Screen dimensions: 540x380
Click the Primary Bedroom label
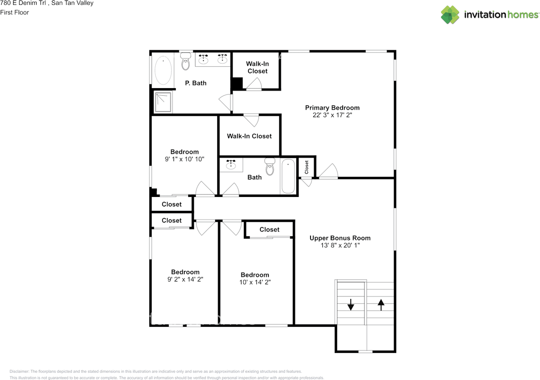332,108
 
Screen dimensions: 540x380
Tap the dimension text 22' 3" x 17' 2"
332,115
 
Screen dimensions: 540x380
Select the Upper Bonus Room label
340,238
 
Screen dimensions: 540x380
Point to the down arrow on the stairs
351,305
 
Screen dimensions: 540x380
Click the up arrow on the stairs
381,305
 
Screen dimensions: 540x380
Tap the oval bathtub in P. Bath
163,70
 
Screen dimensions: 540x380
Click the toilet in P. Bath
185,61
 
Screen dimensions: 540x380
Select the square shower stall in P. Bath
163,102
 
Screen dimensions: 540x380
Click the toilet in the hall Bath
270,166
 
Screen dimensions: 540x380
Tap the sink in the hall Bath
231,164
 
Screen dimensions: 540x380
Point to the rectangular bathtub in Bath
288,176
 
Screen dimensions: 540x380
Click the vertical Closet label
306,167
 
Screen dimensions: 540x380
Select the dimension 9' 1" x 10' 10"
184,159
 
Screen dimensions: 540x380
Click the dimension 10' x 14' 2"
255,282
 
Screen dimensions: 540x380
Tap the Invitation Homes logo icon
450,15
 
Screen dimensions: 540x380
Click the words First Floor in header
14,13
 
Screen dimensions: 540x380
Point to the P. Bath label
196,83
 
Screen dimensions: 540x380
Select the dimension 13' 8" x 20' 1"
340,245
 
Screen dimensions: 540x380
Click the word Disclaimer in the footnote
19,371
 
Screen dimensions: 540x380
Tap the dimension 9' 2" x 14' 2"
185,279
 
